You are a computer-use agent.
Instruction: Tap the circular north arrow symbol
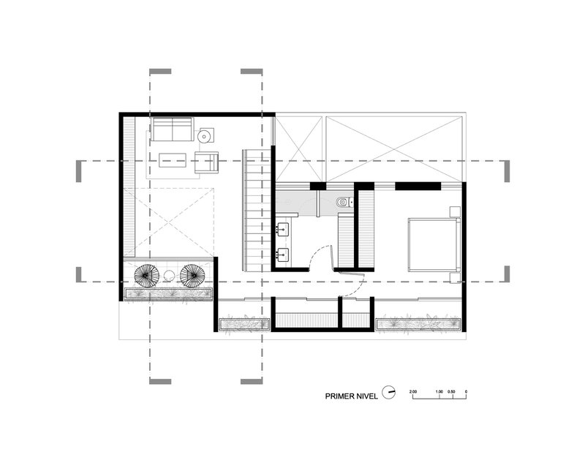(x=390, y=393)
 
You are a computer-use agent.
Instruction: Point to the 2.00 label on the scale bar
(x=413, y=392)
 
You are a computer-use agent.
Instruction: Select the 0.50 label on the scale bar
(x=453, y=392)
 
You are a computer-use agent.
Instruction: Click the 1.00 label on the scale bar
(x=439, y=392)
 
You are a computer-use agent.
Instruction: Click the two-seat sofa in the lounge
(x=172, y=130)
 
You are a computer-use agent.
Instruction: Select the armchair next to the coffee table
(x=207, y=162)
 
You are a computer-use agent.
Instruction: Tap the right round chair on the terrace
(x=192, y=276)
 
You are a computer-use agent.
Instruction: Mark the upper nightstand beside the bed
(x=455, y=212)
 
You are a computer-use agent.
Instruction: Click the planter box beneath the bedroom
(x=419, y=323)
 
